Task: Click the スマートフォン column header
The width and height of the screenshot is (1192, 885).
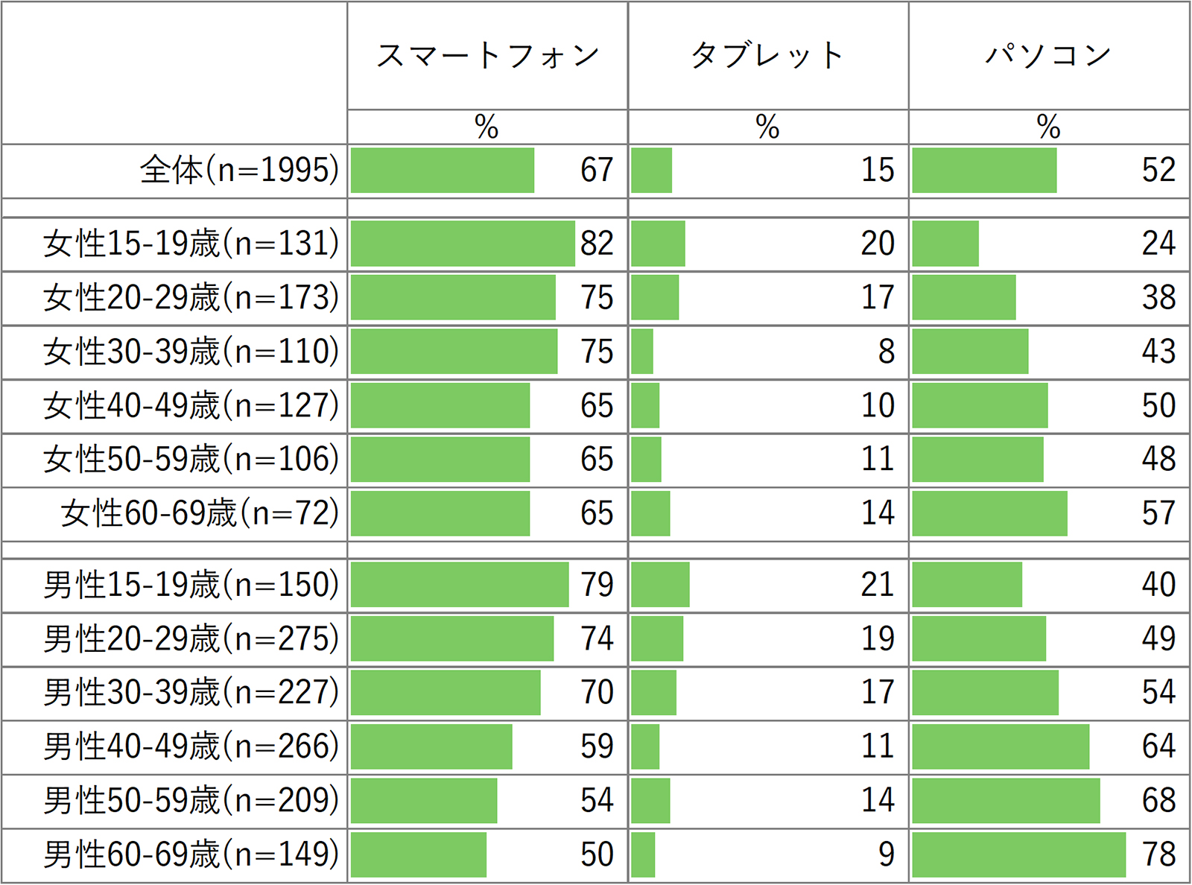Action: pyautogui.click(x=487, y=56)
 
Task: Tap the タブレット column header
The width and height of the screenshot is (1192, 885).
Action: pyautogui.click(x=767, y=56)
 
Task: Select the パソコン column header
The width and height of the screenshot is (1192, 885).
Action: pyautogui.click(x=1048, y=56)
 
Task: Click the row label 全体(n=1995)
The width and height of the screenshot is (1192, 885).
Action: pyautogui.click(x=239, y=171)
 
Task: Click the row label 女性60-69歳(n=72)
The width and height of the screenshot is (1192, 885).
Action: pyautogui.click(x=200, y=513)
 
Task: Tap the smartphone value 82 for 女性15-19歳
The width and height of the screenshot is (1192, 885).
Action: pyautogui.click(x=597, y=244)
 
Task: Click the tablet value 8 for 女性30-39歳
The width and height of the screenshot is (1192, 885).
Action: pyautogui.click(x=886, y=352)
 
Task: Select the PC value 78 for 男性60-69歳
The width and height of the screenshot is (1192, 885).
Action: pyautogui.click(x=1158, y=854)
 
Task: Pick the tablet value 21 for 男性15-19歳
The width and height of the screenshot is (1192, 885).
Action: pyautogui.click(x=878, y=585)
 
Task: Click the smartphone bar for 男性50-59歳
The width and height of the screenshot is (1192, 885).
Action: pyautogui.click(x=424, y=801)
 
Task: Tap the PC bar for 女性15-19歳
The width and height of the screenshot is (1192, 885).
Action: pyautogui.click(x=945, y=244)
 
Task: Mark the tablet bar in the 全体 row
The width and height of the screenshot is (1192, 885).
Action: pyautogui.click(x=652, y=171)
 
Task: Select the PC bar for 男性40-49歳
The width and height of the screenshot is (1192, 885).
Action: pyautogui.click(x=1001, y=746)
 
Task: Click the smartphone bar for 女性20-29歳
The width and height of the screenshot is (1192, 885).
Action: pyautogui.click(x=453, y=297)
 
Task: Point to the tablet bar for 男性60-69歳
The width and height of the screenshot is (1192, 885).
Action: pyautogui.click(x=643, y=854)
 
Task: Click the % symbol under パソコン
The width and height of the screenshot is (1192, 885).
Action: pyautogui.click(x=1048, y=127)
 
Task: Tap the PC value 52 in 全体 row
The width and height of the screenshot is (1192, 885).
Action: pyautogui.click(x=1158, y=171)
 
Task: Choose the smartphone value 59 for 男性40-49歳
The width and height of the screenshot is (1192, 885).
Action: pyautogui.click(x=597, y=746)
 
